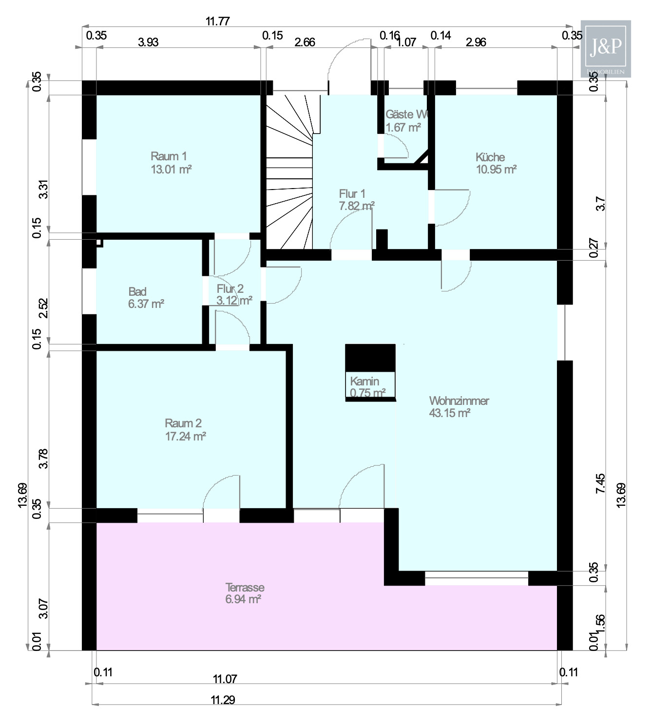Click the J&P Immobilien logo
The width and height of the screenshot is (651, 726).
(606, 48)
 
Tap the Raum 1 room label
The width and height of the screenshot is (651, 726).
(169, 156)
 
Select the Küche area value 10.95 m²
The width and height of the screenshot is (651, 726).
(496, 170)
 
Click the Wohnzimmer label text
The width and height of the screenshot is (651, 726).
(459, 401)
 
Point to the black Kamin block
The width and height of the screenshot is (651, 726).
(370, 358)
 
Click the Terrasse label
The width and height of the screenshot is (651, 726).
(245, 587)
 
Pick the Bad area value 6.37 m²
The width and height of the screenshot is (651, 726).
(146, 304)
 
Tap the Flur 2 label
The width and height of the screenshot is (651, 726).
(230, 289)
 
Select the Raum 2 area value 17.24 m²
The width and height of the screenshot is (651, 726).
(185, 436)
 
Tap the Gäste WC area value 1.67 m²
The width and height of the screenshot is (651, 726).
(403, 128)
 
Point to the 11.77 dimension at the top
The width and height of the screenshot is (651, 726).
(217, 21)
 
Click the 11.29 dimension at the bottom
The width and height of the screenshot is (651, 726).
(223, 700)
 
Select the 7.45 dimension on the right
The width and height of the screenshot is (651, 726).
(600, 483)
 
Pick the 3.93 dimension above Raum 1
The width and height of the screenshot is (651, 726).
(148, 42)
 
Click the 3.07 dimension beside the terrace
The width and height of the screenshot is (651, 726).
(44, 609)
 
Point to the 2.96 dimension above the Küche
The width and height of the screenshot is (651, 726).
(476, 42)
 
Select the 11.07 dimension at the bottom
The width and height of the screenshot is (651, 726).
(225, 679)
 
